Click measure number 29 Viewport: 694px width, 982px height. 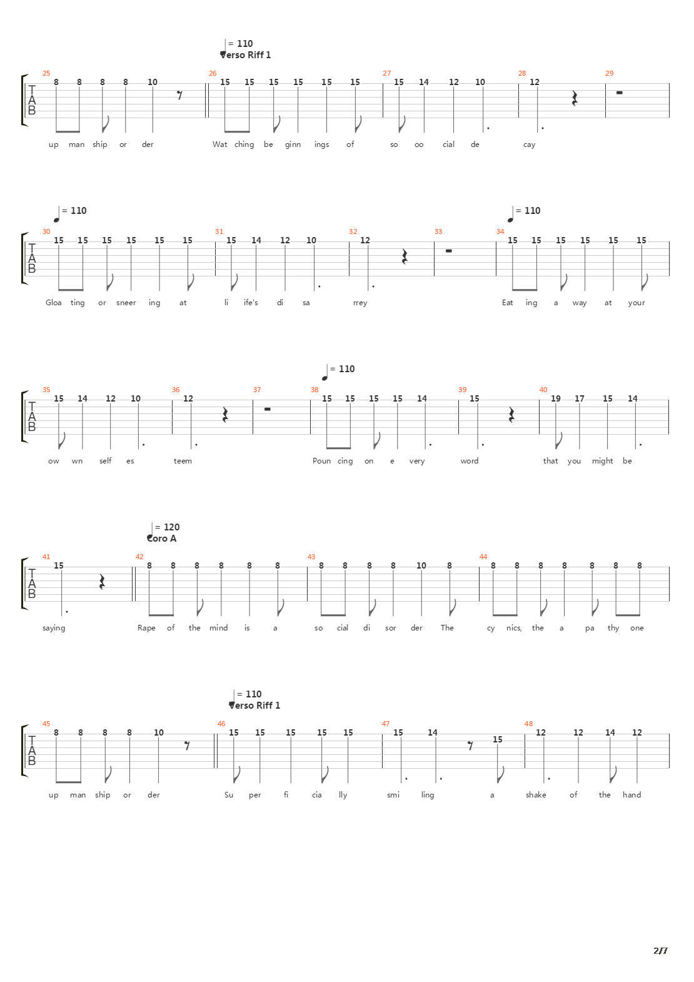(x=609, y=73)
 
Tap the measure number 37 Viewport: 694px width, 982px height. (x=257, y=390)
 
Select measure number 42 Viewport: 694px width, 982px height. (x=139, y=557)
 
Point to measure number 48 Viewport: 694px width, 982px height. (x=528, y=724)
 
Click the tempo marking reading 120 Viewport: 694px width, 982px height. (x=171, y=527)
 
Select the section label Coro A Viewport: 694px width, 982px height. (x=162, y=539)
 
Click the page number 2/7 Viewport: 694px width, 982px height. (x=660, y=951)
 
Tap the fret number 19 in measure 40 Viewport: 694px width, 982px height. (x=555, y=398)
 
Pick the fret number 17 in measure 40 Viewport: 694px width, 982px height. (x=580, y=398)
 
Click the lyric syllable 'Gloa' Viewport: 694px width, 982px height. (x=54, y=303)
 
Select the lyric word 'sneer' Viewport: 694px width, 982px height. (x=126, y=303)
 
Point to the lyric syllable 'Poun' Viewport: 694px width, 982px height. (x=321, y=461)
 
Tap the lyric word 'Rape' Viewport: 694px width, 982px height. (x=146, y=628)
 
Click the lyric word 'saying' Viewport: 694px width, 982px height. (x=54, y=628)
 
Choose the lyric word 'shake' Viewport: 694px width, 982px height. (x=536, y=795)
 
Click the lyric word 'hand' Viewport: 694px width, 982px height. (x=631, y=795)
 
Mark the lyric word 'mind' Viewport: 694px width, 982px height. (x=218, y=628)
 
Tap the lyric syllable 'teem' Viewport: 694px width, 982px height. (x=183, y=461)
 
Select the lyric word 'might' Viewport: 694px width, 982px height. (x=602, y=461)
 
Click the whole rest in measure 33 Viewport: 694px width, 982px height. (x=448, y=250)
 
